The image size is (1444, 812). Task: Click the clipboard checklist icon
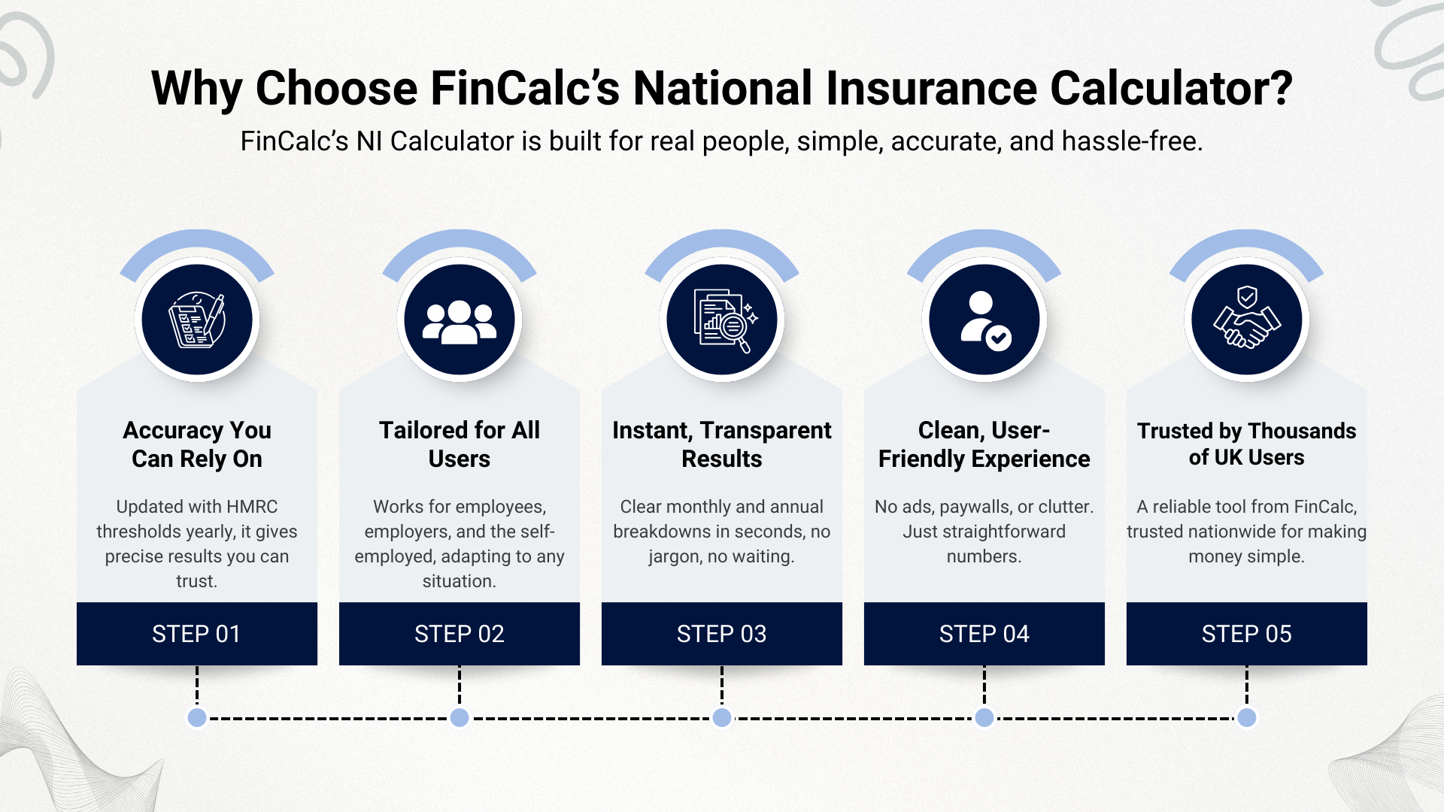click(x=197, y=320)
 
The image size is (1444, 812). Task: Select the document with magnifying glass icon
click(x=722, y=320)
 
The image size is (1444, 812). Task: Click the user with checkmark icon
click(x=984, y=320)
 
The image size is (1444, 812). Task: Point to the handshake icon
click(x=1247, y=320)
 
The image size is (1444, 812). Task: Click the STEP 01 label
click(x=196, y=634)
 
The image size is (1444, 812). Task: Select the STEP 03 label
click(x=721, y=634)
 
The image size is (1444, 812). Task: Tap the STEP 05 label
click(x=1246, y=634)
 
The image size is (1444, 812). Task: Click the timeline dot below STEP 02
click(x=460, y=717)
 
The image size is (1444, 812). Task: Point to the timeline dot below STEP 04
click(x=984, y=717)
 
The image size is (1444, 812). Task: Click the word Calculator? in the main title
click(x=1171, y=89)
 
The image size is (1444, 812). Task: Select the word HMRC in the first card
click(x=252, y=507)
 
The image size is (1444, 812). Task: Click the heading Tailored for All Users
click(x=460, y=444)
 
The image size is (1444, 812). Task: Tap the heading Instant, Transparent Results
click(x=722, y=444)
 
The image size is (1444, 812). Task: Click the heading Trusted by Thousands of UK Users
click(x=1246, y=444)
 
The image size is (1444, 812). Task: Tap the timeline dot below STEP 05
click(x=1246, y=717)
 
